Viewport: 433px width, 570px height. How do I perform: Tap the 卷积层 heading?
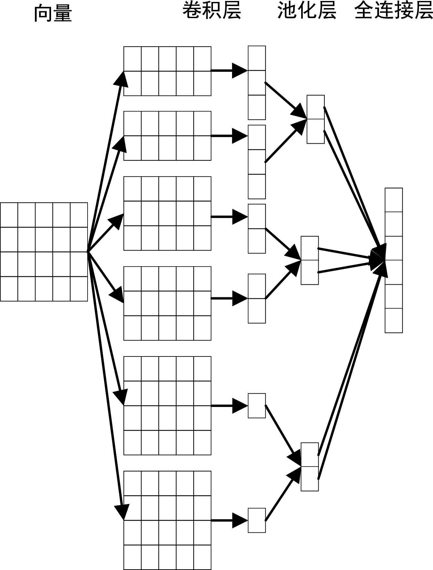(212, 11)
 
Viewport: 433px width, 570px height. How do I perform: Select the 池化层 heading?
(307, 11)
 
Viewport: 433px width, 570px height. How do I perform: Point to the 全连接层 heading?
(393, 11)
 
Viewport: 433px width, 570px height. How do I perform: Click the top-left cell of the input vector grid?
(9, 215)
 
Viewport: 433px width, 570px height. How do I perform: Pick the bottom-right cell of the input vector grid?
(79, 289)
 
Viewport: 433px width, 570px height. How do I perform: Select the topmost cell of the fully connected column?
(394, 200)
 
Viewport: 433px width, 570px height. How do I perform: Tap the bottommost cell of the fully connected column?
(394, 320)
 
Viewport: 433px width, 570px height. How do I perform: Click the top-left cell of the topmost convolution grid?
(132, 59)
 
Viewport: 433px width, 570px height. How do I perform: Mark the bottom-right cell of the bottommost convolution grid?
(202, 557)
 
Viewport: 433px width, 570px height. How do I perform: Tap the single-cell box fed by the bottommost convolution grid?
(257, 520)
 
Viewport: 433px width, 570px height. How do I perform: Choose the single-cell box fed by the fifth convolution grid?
(257, 406)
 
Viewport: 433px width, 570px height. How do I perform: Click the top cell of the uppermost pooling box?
(315, 107)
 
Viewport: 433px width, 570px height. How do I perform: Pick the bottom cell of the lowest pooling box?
(310, 478)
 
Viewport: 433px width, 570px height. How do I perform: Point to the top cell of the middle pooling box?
(310, 248)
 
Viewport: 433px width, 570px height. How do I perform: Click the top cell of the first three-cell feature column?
(257, 58)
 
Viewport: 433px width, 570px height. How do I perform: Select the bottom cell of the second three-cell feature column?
(257, 186)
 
